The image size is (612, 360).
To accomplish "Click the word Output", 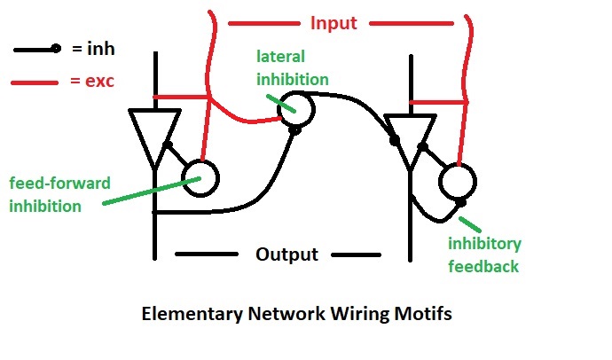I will [x=286, y=254].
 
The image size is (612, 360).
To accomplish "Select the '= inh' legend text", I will [x=94, y=51].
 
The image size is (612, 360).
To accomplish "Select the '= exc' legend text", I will [x=92, y=82].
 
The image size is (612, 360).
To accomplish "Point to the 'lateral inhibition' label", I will [x=293, y=67].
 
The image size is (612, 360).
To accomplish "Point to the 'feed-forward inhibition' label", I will [x=60, y=193].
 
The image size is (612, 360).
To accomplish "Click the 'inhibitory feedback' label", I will [x=484, y=254].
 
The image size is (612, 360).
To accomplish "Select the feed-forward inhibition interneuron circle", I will [x=201, y=177].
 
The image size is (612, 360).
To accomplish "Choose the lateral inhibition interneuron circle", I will [x=298, y=109].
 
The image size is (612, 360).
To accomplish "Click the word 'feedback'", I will [x=484, y=264].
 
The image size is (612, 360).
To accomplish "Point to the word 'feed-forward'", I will [x=60, y=184].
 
